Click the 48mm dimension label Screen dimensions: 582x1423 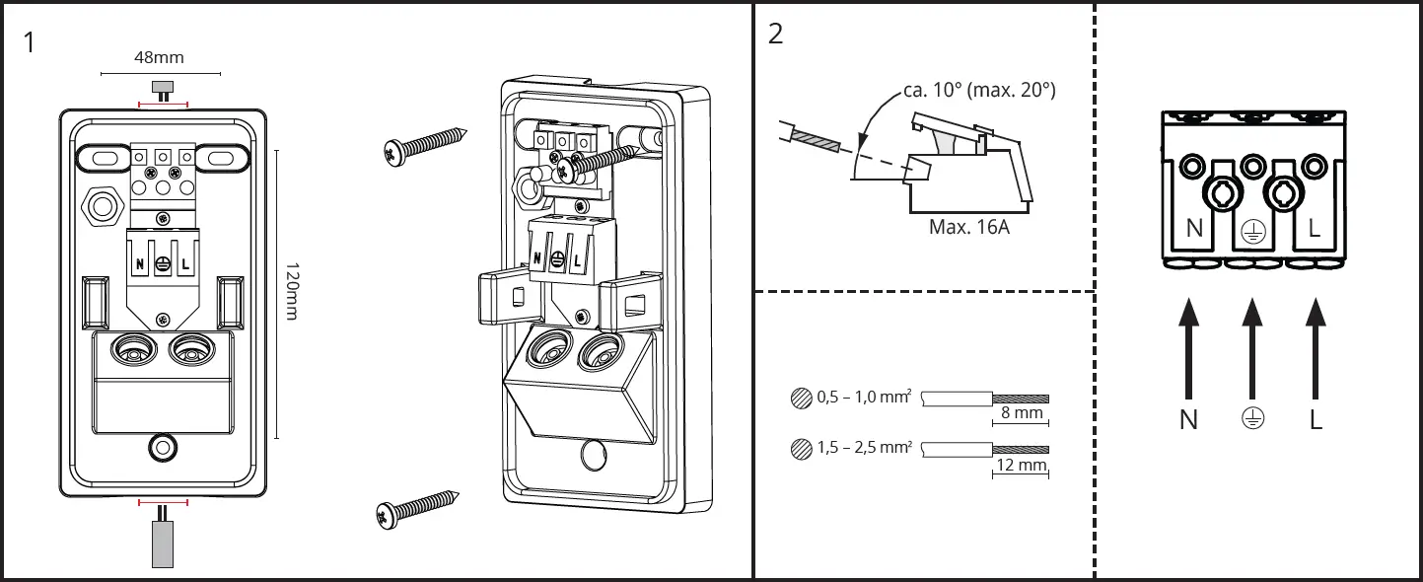pos(159,58)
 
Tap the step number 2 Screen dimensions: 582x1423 pos(775,34)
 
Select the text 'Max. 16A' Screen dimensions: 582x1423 pos(968,227)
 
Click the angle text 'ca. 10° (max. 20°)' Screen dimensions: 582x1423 pos(979,91)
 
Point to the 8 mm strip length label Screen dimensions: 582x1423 pos(1021,413)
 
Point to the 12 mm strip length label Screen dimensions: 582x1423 pos(1021,465)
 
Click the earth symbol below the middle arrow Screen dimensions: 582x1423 pos(1251,419)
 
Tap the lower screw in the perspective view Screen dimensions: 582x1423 pos(419,507)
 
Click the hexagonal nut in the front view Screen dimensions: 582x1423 pos(102,207)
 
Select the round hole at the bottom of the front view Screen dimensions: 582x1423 pos(163,448)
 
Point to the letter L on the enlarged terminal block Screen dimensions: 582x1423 pos(1315,229)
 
